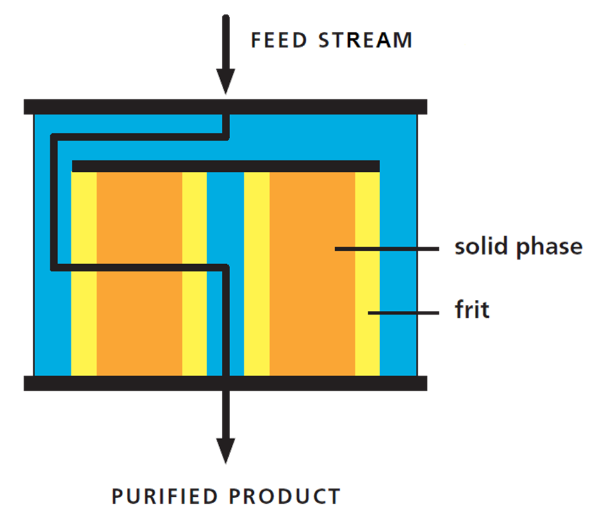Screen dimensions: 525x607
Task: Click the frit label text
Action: click(472, 310)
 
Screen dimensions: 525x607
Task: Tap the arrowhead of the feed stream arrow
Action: click(226, 82)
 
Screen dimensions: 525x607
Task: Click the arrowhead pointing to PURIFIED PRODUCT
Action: click(226, 449)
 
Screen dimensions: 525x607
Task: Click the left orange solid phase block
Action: click(139, 218)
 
